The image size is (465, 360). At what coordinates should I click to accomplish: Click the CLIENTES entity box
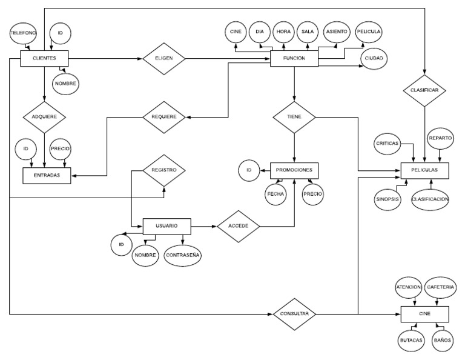coord(44,59)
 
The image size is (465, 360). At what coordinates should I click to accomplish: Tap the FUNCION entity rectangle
coord(294,59)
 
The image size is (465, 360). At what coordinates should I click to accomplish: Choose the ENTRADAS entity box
coord(47,175)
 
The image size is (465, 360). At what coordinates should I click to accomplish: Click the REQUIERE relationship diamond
coord(163,116)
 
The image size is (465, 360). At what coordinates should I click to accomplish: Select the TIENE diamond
coord(294,116)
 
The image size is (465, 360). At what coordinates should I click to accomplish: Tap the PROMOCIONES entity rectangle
coord(294,170)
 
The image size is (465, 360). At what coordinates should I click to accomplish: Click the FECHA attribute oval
coord(276,195)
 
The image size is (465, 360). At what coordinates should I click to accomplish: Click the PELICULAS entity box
coord(424,172)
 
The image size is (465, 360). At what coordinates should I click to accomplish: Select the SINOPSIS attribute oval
coord(386,200)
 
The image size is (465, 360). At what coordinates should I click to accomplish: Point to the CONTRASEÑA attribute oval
coord(183,255)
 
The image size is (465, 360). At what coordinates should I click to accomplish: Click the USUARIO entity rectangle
coord(167,225)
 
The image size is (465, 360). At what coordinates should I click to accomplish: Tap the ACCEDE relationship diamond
coord(239,226)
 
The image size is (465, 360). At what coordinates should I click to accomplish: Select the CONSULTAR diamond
coord(295,315)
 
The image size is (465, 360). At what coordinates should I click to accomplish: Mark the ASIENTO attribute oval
coord(336,30)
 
